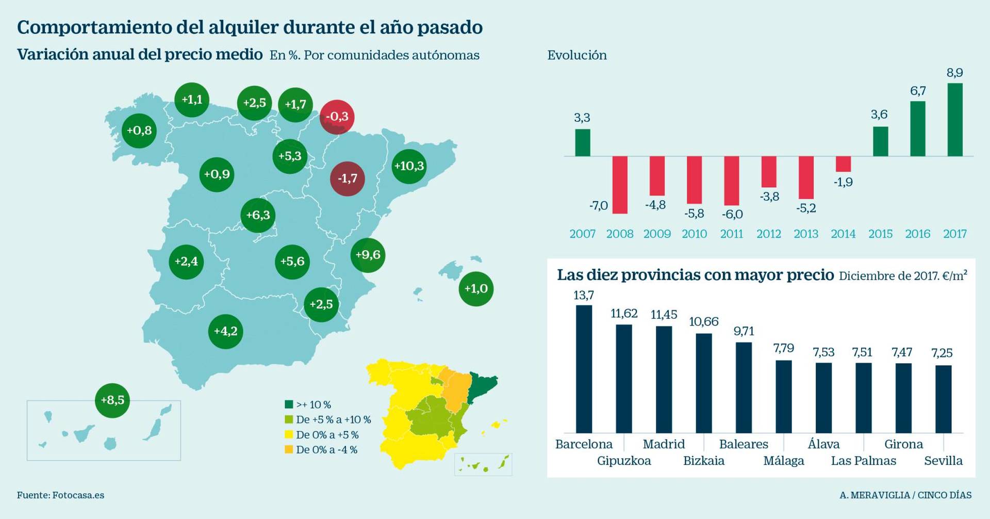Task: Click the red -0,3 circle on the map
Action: [x=337, y=117]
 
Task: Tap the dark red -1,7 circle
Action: [x=347, y=179]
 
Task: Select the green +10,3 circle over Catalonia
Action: [x=409, y=166]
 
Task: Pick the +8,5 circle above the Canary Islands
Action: [x=112, y=400]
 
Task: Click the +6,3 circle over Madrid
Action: [x=258, y=215]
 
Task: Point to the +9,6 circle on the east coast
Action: [x=368, y=255]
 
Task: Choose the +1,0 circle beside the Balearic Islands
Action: [x=476, y=289]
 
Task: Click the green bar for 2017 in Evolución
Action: [x=955, y=120]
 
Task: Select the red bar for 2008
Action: [x=620, y=185]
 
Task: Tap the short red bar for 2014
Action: [x=844, y=164]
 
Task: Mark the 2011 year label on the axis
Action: [x=732, y=234]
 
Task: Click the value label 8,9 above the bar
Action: [x=955, y=73]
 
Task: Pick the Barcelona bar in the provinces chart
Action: [x=584, y=369]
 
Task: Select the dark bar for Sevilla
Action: [x=944, y=399]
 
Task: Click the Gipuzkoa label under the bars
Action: [x=624, y=461]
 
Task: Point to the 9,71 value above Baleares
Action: [x=744, y=331]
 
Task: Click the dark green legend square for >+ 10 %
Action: [x=289, y=405]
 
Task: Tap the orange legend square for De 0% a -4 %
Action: [x=289, y=449]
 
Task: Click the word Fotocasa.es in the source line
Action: [x=78, y=495]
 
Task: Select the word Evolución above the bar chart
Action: [x=577, y=55]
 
